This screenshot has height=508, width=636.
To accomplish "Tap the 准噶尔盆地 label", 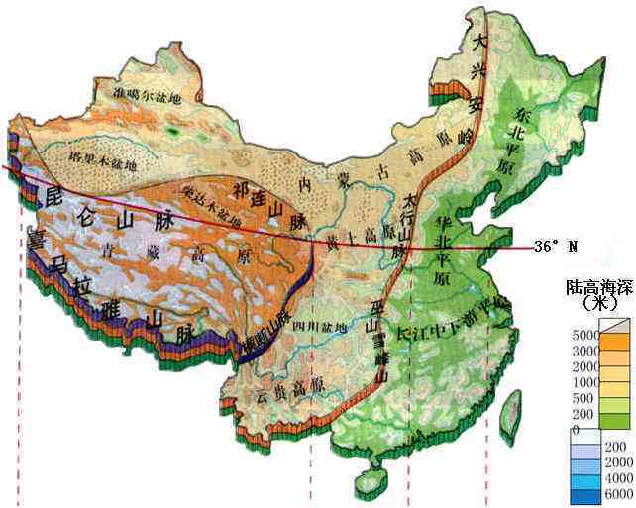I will [149, 97].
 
